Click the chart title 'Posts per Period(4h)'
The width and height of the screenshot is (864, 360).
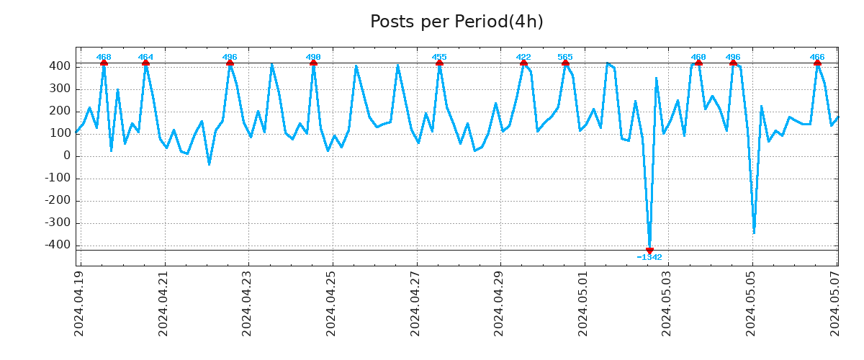456,22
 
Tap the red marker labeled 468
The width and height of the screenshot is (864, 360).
104,63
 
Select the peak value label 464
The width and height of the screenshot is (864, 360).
145,57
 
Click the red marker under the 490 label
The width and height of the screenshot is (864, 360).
313,63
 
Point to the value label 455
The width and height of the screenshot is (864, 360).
439,57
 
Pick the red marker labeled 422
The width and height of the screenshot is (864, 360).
523,63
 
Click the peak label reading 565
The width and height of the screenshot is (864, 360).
565,57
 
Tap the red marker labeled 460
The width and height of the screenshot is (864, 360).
698,63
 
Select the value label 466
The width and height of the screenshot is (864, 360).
817,57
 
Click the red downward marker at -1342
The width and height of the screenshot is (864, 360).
649,250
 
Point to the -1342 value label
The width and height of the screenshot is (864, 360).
649,258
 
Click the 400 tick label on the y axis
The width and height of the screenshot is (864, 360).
60,66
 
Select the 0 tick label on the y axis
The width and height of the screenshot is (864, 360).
67,156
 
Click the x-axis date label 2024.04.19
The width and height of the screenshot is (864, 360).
79,303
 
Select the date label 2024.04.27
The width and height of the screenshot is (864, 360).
415,303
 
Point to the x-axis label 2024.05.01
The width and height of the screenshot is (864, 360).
584,303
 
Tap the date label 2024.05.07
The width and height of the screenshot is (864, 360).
837,303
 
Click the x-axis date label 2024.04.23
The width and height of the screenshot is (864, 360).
248,303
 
